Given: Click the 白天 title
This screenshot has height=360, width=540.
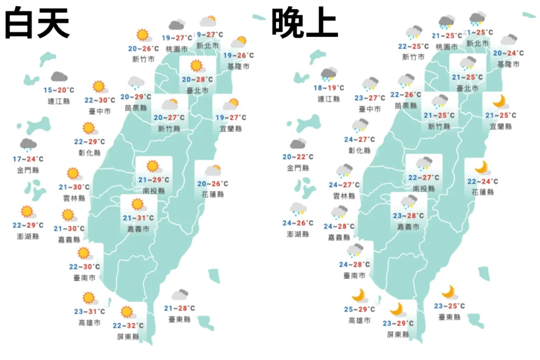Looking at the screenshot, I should [x=37, y=23].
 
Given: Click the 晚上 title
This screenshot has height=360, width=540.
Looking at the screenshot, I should [x=305, y=23].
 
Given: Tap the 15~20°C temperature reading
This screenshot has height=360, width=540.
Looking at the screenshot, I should [x=59, y=90].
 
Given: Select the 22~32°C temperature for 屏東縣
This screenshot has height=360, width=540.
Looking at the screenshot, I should [x=128, y=326].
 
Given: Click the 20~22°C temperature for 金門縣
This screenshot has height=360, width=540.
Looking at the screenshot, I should [x=298, y=157].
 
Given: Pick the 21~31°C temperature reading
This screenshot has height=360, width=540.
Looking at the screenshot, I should [x=138, y=218].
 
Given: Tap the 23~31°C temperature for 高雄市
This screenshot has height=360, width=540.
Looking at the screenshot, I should [x=89, y=312].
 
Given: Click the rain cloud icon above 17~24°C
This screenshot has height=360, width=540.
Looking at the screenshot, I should [x=28, y=144].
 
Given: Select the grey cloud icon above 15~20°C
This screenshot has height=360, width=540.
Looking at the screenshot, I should [x=59, y=77].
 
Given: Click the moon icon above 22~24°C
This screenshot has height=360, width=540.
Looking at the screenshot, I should [x=481, y=168].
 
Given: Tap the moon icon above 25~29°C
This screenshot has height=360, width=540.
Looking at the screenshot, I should [x=359, y=295].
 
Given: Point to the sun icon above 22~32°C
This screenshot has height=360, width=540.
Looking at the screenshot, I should [x=127, y=312].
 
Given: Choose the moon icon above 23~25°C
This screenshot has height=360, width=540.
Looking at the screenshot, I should [x=449, y=291].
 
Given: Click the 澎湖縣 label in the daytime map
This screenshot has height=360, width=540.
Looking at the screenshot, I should [x=28, y=236].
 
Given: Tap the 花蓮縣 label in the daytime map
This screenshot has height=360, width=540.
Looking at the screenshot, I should [x=213, y=194].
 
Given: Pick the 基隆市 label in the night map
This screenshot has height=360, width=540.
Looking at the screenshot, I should [x=508, y=64].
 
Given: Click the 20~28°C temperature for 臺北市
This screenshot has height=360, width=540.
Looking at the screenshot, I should [x=198, y=80].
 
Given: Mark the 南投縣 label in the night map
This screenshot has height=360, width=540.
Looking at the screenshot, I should [x=423, y=189].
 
